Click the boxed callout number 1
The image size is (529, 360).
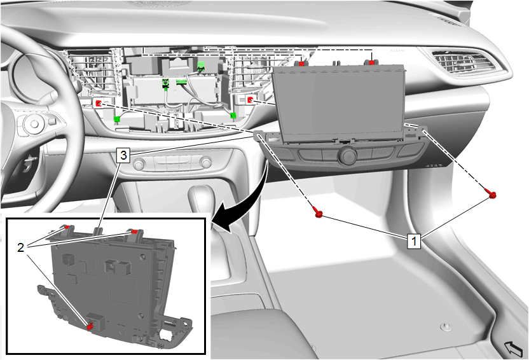[x=414, y=241]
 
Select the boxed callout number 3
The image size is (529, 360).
[x=123, y=155]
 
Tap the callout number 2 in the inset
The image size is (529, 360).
[x=21, y=247]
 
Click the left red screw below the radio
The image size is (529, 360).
[x=318, y=213]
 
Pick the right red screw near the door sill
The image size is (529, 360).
[x=492, y=193]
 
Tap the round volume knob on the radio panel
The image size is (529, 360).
[x=347, y=156]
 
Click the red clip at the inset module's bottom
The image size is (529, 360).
[x=90, y=326]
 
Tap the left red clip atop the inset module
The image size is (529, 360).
[x=67, y=226]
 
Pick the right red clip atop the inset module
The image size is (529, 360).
[x=134, y=232]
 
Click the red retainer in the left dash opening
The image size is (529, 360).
[x=99, y=103]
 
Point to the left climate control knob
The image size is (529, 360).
[x=139, y=164]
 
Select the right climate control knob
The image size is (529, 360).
[x=205, y=163]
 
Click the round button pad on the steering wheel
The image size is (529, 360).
[x=34, y=124]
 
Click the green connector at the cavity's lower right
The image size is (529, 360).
[x=233, y=116]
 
